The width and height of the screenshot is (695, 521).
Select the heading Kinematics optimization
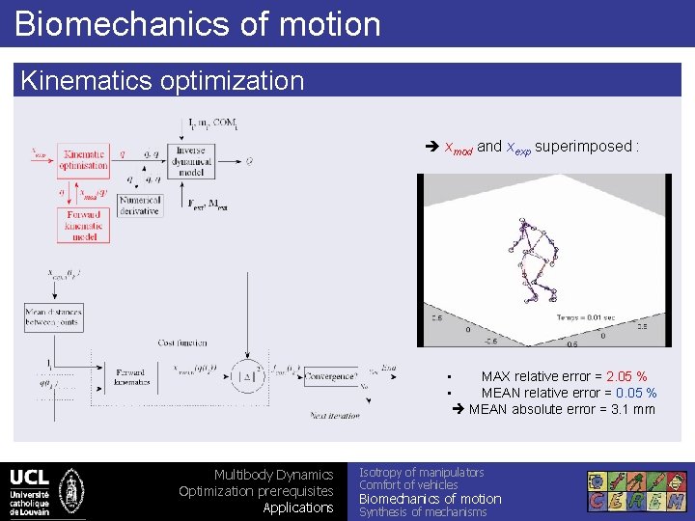(x=162, y=80)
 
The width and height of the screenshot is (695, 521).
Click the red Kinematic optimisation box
(x=84, y=160)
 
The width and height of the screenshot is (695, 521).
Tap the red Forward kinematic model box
(x=84, y=225)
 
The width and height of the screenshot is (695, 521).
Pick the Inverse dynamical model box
(x=192, y=162)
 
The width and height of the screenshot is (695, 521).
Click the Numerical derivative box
(x=140, y=205)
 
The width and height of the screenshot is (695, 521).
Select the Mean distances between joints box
(x=54, y=317)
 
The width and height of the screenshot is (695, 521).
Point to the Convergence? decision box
(x=330, y=375)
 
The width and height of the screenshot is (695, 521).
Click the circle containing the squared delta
(x=248, y=375)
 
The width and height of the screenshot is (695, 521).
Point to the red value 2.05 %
(x=626, y=376)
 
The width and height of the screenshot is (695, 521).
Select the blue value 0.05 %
(x=637, y=393)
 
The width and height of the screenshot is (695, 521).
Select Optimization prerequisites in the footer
(x=256, y=491)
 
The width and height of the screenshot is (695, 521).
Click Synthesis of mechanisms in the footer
(x=423, y=512)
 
